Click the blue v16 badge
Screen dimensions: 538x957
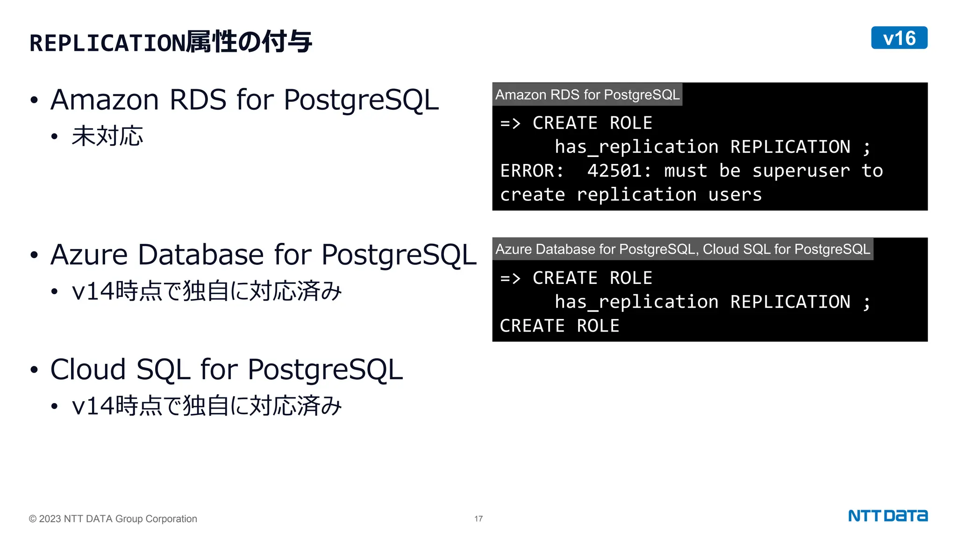899,38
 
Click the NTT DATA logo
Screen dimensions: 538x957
887,516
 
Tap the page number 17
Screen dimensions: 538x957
478,519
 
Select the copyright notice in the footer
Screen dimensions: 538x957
113,519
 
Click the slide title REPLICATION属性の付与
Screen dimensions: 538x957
171,42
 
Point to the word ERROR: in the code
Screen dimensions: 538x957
532,171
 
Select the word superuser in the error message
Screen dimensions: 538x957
801,171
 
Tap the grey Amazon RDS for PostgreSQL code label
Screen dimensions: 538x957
587,95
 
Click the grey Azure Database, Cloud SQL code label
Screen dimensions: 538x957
682,249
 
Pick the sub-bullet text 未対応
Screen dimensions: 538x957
107,136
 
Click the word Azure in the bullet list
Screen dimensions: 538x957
89,255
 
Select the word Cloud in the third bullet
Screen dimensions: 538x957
88,369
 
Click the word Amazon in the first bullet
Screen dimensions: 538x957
105,100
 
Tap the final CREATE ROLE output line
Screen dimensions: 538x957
559,326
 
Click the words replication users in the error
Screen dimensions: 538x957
669,195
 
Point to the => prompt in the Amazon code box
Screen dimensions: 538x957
510,124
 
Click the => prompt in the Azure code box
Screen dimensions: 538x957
510,279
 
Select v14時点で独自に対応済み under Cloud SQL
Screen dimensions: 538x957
207,405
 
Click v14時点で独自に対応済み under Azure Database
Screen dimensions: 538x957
207,291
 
